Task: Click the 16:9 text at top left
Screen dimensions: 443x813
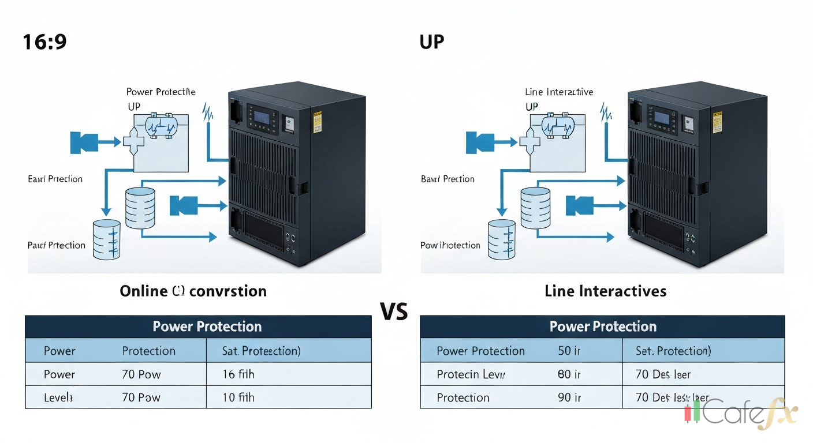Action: [44, 42]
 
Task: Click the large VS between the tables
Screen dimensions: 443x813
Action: [394, 311]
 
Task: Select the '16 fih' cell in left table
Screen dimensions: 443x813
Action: [238, 374]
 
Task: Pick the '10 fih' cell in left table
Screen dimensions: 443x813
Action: [238, 397]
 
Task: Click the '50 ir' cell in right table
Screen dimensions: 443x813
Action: [569, 351]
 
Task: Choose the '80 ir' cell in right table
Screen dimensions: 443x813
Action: [569, 374]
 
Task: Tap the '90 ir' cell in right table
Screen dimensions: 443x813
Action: [569, 397]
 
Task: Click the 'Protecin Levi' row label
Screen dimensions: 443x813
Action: [471, 374]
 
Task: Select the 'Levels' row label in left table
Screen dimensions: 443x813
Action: [58, 397]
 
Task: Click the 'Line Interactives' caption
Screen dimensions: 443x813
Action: [605, 291]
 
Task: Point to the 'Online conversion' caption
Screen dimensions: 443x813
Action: [193, 291]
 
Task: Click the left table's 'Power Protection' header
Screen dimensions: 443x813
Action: [207, 326]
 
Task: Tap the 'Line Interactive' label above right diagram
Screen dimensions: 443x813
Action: [559, 92]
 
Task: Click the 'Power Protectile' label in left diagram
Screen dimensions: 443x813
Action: [161, 92]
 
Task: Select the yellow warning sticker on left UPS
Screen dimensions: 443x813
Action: [317, 123]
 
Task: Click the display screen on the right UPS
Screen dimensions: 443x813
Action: [661, 118]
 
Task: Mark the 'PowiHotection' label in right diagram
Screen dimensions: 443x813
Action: [450, 245]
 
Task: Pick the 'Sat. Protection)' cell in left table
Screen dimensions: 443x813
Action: [261, 351]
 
